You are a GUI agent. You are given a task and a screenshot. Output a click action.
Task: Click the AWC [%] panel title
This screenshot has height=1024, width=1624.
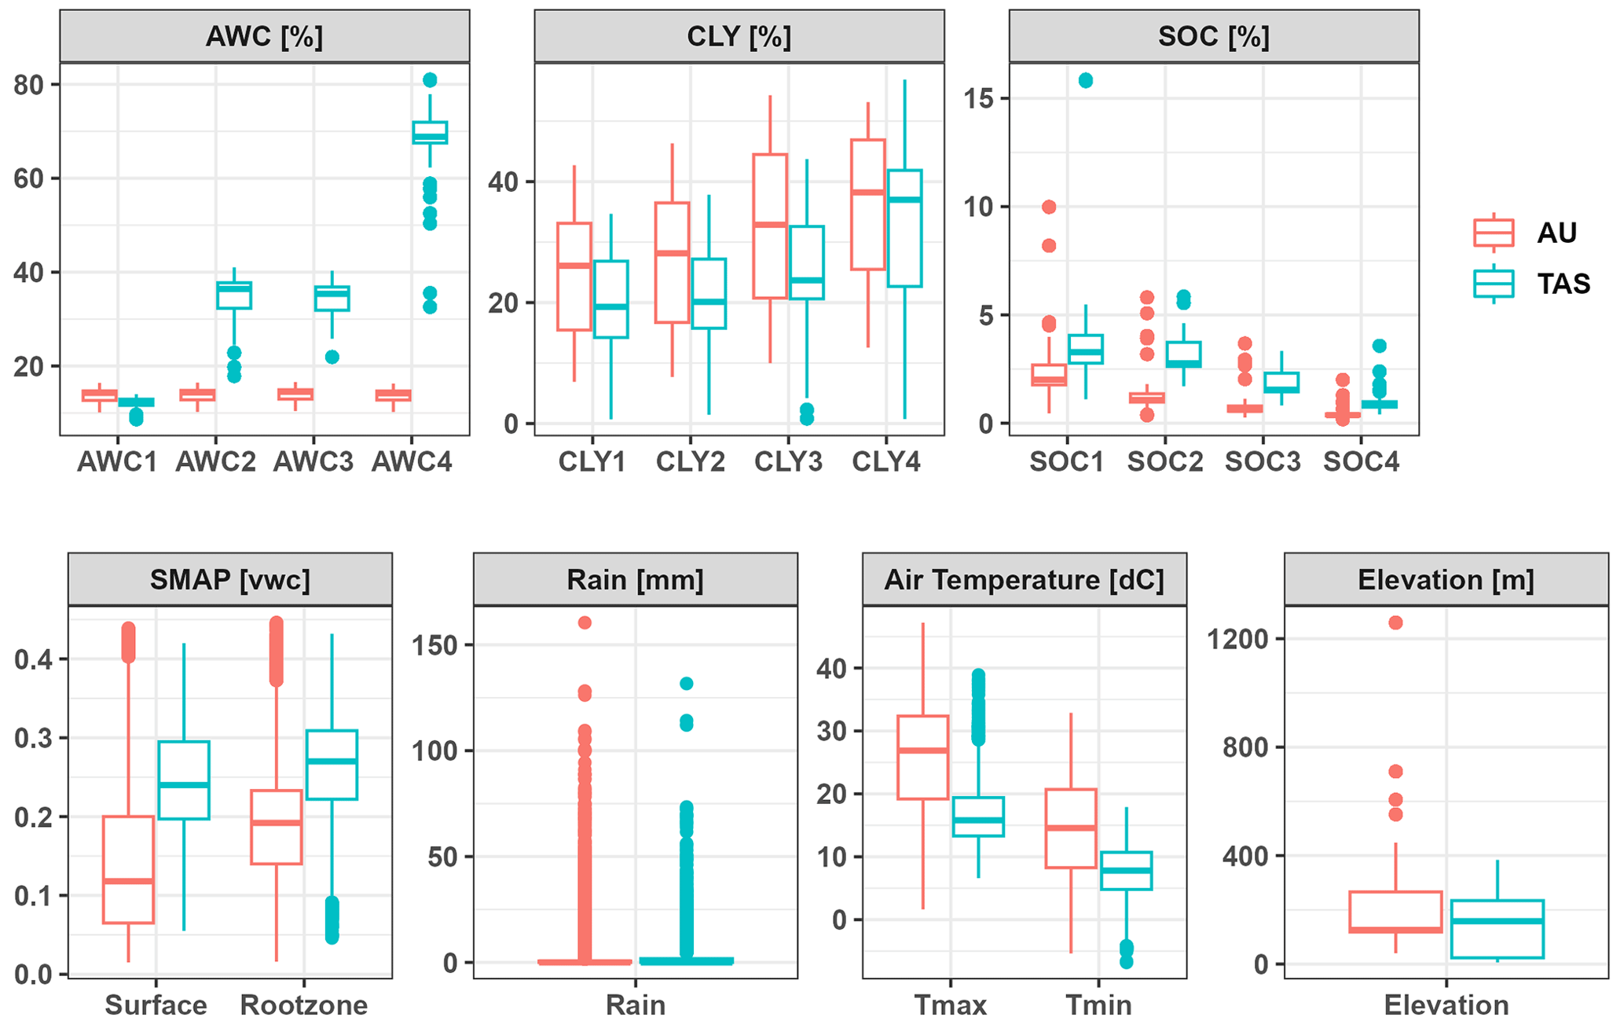264,37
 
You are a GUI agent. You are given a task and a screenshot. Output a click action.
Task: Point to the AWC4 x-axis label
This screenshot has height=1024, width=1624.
412,461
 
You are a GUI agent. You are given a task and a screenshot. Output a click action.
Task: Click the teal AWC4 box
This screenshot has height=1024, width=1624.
430,133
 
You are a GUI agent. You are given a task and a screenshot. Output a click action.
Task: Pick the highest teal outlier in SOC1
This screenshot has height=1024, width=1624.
1085,80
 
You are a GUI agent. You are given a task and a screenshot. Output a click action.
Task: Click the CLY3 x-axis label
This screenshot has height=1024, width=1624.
788,461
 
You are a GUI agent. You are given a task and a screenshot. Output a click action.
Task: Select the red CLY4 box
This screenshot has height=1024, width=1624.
868,204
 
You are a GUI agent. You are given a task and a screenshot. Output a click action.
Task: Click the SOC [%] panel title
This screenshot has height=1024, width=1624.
1213,37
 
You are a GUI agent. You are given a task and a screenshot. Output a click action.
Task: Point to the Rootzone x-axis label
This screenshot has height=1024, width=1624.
303,1004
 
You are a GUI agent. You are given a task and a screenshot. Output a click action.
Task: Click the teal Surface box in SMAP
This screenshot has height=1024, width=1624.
184,780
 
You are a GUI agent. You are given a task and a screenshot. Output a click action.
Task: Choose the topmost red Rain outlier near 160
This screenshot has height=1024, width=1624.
585,622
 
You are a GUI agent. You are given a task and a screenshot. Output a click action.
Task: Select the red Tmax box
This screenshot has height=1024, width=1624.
923,757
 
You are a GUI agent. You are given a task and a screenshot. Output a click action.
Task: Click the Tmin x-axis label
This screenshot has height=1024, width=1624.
1098,1004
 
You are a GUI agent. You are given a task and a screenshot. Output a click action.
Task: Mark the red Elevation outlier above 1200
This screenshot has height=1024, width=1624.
1395,622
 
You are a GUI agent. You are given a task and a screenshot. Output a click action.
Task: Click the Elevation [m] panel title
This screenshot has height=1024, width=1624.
1445,580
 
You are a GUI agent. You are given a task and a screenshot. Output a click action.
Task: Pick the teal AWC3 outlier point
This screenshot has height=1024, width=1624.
332,357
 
